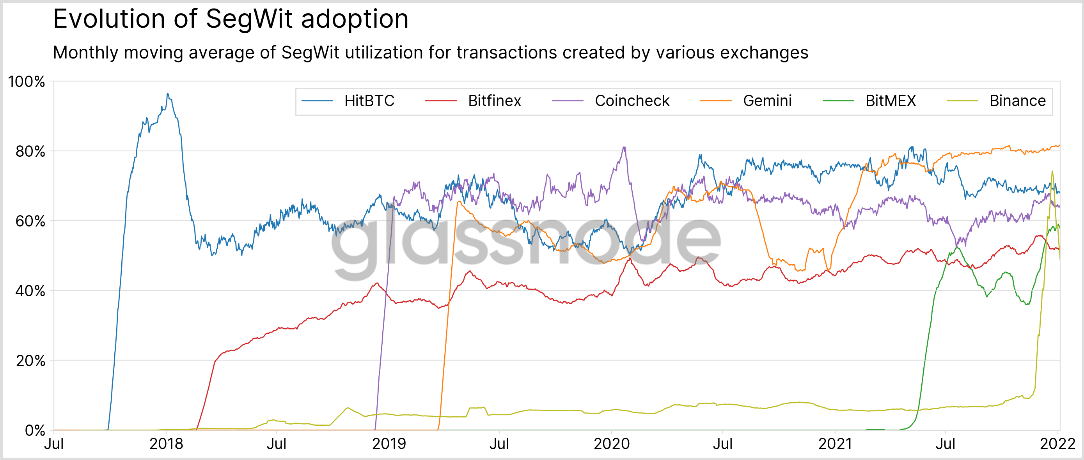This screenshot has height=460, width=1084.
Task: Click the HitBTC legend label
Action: (369, 101)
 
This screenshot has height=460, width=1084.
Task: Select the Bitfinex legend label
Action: (495, 101)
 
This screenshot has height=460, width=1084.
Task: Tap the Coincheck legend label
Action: (632, 101)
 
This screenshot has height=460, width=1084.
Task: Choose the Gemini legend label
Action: (767, 101)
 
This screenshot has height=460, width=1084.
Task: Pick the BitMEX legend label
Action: (891, 101)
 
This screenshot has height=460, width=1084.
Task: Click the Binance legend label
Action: (1017, 101)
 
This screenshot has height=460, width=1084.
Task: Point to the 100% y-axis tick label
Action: (27, 81)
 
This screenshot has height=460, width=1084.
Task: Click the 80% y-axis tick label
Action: (30, 151)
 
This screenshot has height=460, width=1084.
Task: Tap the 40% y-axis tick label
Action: (30, 291)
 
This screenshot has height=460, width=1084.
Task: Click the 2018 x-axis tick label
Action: (166, 444)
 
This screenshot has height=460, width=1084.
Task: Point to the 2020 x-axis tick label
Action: (612, 444)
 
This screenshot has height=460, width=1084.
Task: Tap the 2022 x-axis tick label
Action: (1057, 444)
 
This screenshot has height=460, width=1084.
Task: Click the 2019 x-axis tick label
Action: (389, 444)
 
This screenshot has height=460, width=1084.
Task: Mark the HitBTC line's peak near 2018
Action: (167, 94)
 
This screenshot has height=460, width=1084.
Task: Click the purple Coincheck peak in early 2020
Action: (624, 147)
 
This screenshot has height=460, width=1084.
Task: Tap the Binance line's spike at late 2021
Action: (1052, 171)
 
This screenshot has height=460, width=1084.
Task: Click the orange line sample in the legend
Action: (715, 101)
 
